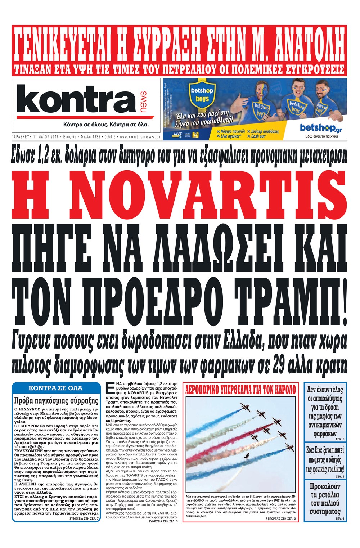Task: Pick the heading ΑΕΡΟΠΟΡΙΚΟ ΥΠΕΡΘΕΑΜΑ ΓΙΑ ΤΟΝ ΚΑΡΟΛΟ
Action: (x=240, y=389)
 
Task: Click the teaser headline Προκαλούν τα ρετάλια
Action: (x=325, y=499)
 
